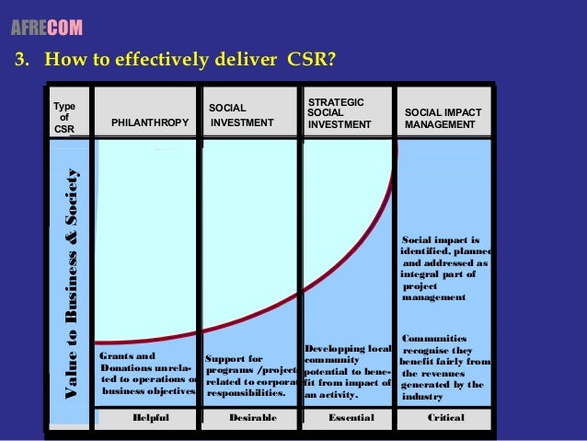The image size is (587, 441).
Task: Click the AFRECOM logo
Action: coord(46,29)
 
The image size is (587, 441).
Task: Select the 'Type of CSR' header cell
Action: coord(64,118)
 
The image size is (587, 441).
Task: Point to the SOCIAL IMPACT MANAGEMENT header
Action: coord(443,118)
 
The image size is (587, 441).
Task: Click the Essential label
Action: coord(351,417)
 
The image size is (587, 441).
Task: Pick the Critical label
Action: coord(446,417)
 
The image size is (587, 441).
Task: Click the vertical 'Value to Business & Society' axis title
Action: coord(80,286)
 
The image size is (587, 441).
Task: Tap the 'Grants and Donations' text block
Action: coord(147,373)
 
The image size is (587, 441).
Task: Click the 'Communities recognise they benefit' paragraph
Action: coord(446,367)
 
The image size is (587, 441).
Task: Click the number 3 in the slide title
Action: coord(17,63)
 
